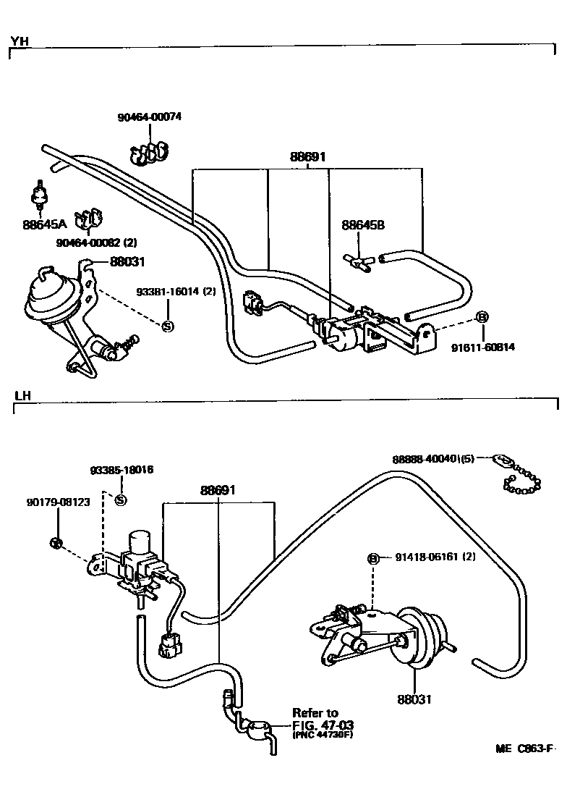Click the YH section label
tap(19, 41)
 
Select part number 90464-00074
tap(150, 117)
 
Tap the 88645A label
tap(41, 224)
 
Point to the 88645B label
tap(362, 225)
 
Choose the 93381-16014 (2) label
tap(176, 292)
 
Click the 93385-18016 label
tap(121, 470)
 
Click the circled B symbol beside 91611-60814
tap(482, 317)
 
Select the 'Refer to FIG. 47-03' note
tap(322, 723)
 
